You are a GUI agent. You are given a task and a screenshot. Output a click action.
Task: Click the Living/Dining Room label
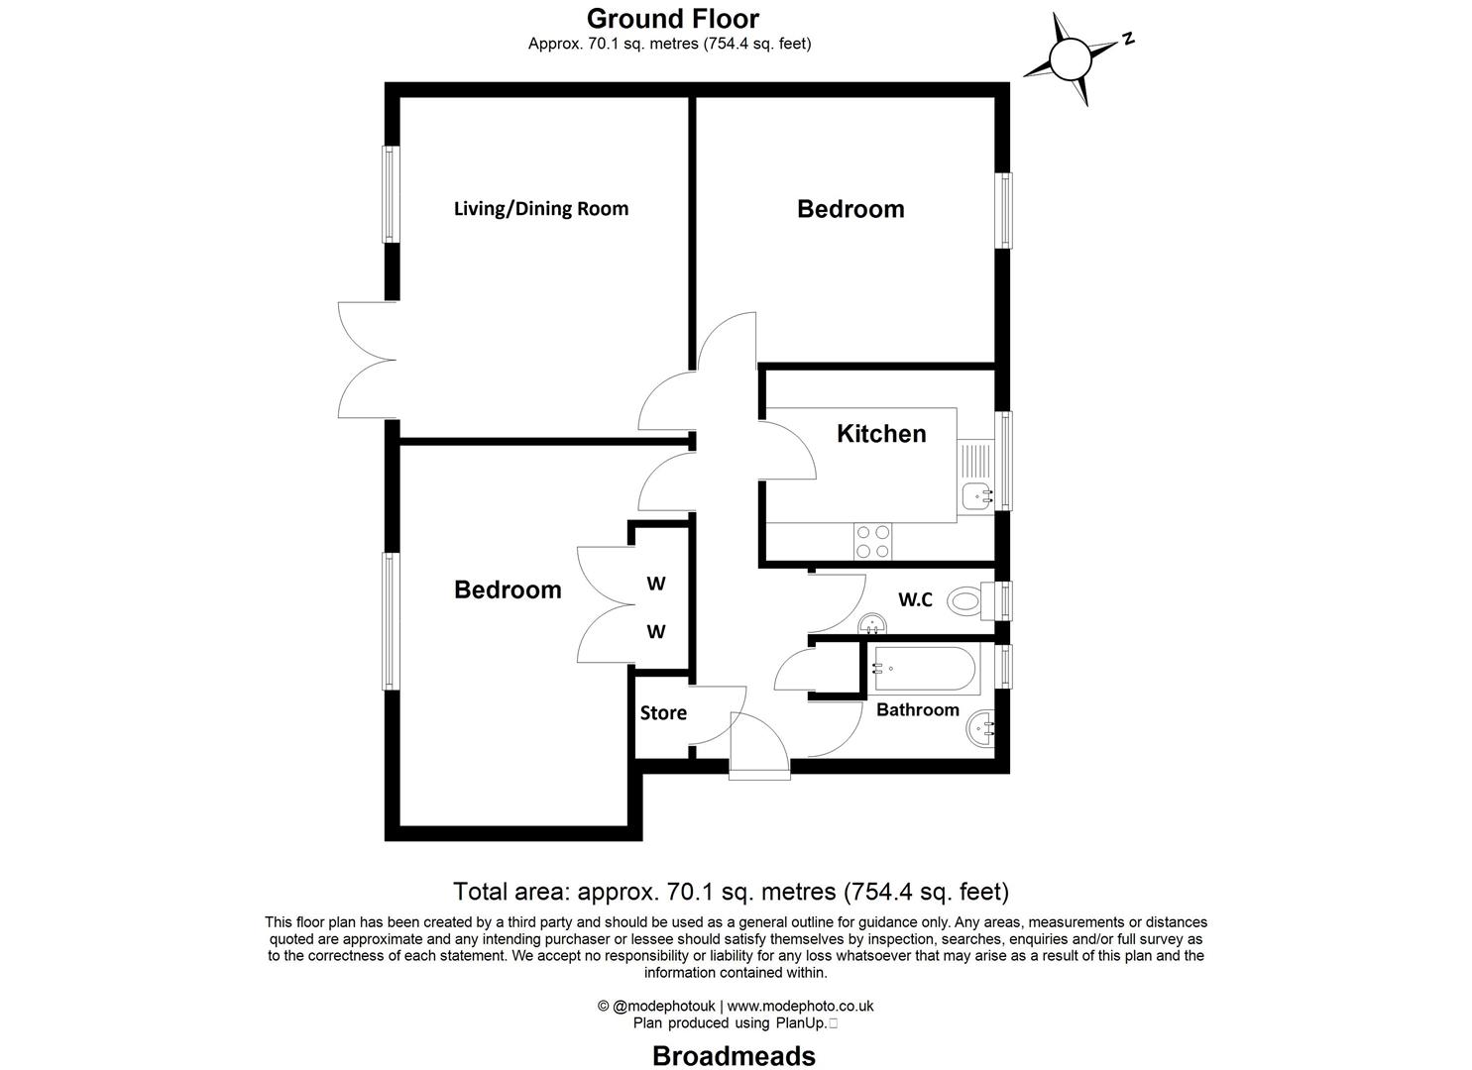(x=540, y=209)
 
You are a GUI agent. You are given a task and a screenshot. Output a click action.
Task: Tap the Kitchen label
(x=881, y=434)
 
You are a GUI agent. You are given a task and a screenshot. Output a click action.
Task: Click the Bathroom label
(x=917, y=710)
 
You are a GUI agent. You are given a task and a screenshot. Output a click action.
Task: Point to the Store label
(x=663, y=713)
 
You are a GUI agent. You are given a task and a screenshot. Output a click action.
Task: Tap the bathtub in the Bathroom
(x=924, y=670)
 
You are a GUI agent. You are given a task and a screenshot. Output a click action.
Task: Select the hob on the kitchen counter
(x=873, y=541)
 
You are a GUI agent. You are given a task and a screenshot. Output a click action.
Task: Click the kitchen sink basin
(x=977, y=492)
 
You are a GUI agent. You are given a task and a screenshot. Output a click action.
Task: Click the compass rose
(x=1069, y=58)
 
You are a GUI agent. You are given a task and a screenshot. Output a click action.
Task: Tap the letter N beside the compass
(x=1128, y=40)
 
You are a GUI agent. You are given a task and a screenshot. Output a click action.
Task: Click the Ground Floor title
(x=673, y=19)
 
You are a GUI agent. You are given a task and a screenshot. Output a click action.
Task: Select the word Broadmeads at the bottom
(x=734, y=1056)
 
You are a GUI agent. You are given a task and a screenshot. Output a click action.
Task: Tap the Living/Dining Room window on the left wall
(x=391, y=194)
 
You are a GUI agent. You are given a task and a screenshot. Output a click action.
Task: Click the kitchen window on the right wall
(x=1005, y=461)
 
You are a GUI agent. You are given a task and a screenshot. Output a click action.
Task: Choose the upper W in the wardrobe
(x=656, y=584)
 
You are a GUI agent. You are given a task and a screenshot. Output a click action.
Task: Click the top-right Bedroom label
(x=850, y=209)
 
